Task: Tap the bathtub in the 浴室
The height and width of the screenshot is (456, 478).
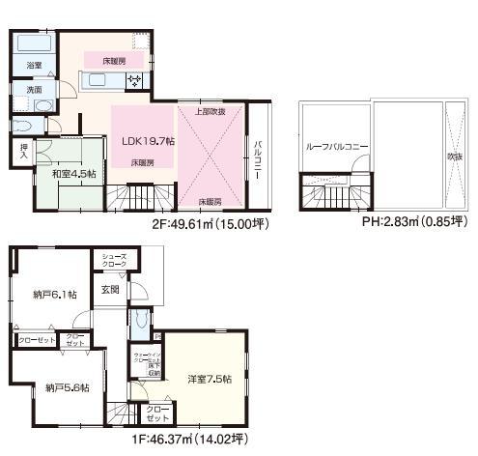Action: (35, 45)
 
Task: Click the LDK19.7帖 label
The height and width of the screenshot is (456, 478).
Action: (148, 141)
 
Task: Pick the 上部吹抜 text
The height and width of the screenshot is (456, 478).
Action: (211, 111)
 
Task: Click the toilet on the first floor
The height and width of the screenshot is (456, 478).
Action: (139, 319)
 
